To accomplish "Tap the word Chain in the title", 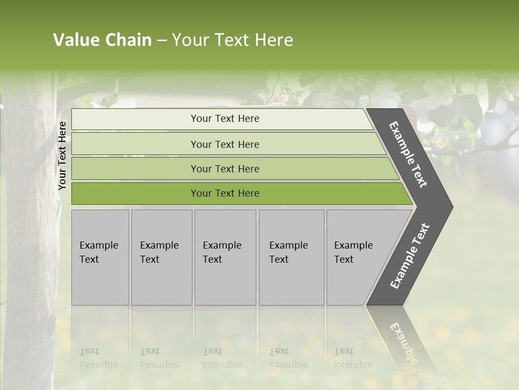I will point(128,40).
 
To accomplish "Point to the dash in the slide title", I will point(162,41).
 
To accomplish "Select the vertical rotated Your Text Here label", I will point(62,156).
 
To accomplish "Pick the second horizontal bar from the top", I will point(224,144).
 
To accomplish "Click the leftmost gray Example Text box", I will point(100,257).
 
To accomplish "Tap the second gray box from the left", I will point(162,257).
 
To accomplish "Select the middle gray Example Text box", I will point(225,257).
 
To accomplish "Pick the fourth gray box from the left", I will point(291,257).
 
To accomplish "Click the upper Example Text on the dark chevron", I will point(408,154).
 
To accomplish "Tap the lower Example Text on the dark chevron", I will point(409,256).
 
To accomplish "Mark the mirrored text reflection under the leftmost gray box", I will point(98,358).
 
